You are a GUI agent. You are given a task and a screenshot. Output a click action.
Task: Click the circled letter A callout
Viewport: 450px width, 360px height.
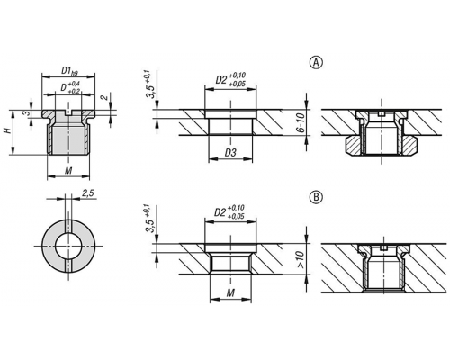(x=316, y=63)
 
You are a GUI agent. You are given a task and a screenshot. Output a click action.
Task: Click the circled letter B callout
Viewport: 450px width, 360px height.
(x=316, y=197)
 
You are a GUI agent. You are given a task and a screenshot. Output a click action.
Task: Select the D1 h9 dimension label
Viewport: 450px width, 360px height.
(x=69, y=71)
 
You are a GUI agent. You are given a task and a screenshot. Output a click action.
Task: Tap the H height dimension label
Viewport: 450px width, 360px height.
(x=7, y=130)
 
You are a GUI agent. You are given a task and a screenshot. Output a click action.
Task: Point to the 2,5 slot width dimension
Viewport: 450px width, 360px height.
(x=88, y=193)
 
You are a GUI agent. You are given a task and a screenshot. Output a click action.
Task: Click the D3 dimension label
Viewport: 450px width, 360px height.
(x=230, y=153)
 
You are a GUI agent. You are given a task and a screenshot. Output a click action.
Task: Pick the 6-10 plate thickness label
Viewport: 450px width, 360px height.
(x=301, y=122)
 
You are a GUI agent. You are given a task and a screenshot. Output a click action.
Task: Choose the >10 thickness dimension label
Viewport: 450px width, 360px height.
(x=300, y=259)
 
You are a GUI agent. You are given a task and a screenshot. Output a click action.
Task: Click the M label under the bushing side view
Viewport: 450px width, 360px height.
(x=68, y=171)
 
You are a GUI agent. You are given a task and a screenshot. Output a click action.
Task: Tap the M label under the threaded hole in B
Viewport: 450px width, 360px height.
(x=230, y=292)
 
